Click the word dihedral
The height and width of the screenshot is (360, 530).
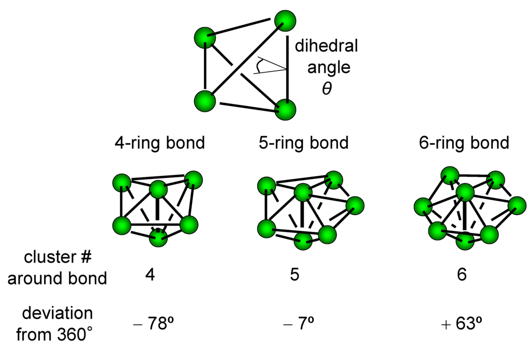[326, 46]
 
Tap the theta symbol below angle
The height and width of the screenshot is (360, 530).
[327, 88]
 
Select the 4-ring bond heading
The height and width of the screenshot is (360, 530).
[160, 142]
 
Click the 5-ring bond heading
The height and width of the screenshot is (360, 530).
[303, 142]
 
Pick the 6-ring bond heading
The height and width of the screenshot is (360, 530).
[464, 142]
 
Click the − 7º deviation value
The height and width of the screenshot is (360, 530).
[299, 325]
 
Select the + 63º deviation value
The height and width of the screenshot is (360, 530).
[462, 325]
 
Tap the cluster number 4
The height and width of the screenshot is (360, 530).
[150, 275]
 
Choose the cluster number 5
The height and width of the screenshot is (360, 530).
[295, 275]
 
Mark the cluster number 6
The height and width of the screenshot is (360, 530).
[462, 275]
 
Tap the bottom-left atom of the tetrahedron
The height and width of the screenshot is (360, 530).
[205, 101]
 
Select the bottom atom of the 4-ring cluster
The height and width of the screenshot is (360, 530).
[159, 238]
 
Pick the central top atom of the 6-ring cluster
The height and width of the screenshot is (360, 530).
[465, 192]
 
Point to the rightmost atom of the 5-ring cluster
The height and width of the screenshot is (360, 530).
[355, 205]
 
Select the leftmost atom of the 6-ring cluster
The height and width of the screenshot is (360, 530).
[423, 208]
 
